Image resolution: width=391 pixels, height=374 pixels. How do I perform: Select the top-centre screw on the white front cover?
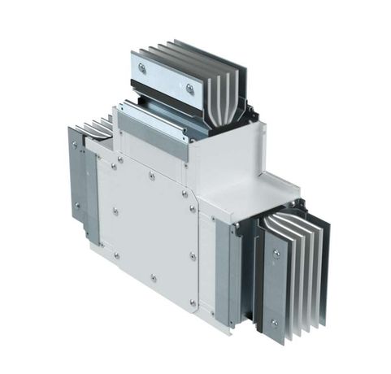(152, 175)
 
